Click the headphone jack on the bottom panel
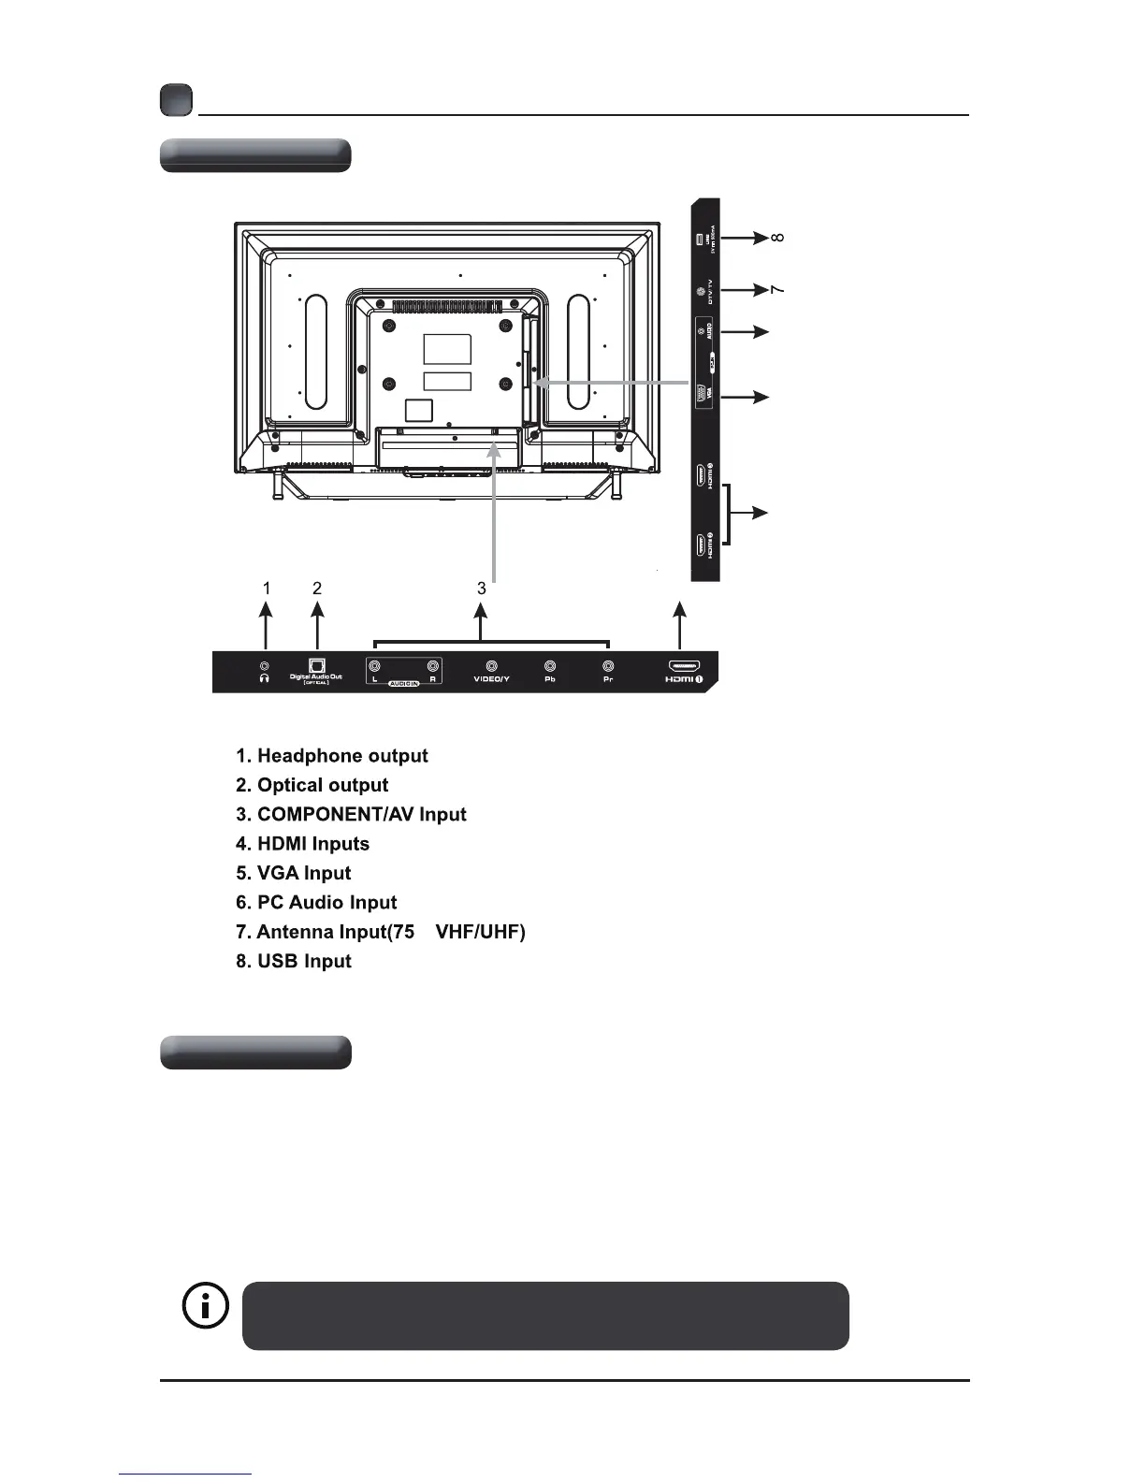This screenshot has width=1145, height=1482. point(265,666)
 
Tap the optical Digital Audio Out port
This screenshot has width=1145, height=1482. point(316,665)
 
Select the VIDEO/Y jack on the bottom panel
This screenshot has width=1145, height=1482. point(491,667)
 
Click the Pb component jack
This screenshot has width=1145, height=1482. point(550,667)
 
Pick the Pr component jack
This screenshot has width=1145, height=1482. point(608,667)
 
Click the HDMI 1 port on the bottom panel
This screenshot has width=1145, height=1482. point(682,666)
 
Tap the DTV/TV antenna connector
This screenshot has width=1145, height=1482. point(702,291)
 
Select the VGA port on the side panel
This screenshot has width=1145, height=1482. point(703,397)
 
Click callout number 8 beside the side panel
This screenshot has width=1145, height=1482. point(777,239)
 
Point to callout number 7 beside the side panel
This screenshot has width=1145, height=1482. point(777,290)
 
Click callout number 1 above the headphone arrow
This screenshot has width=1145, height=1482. point(267,588)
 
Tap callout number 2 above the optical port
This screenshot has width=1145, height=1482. point(317,588)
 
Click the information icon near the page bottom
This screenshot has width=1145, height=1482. point(204,1306)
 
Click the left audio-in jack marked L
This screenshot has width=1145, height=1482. point(374,667)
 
